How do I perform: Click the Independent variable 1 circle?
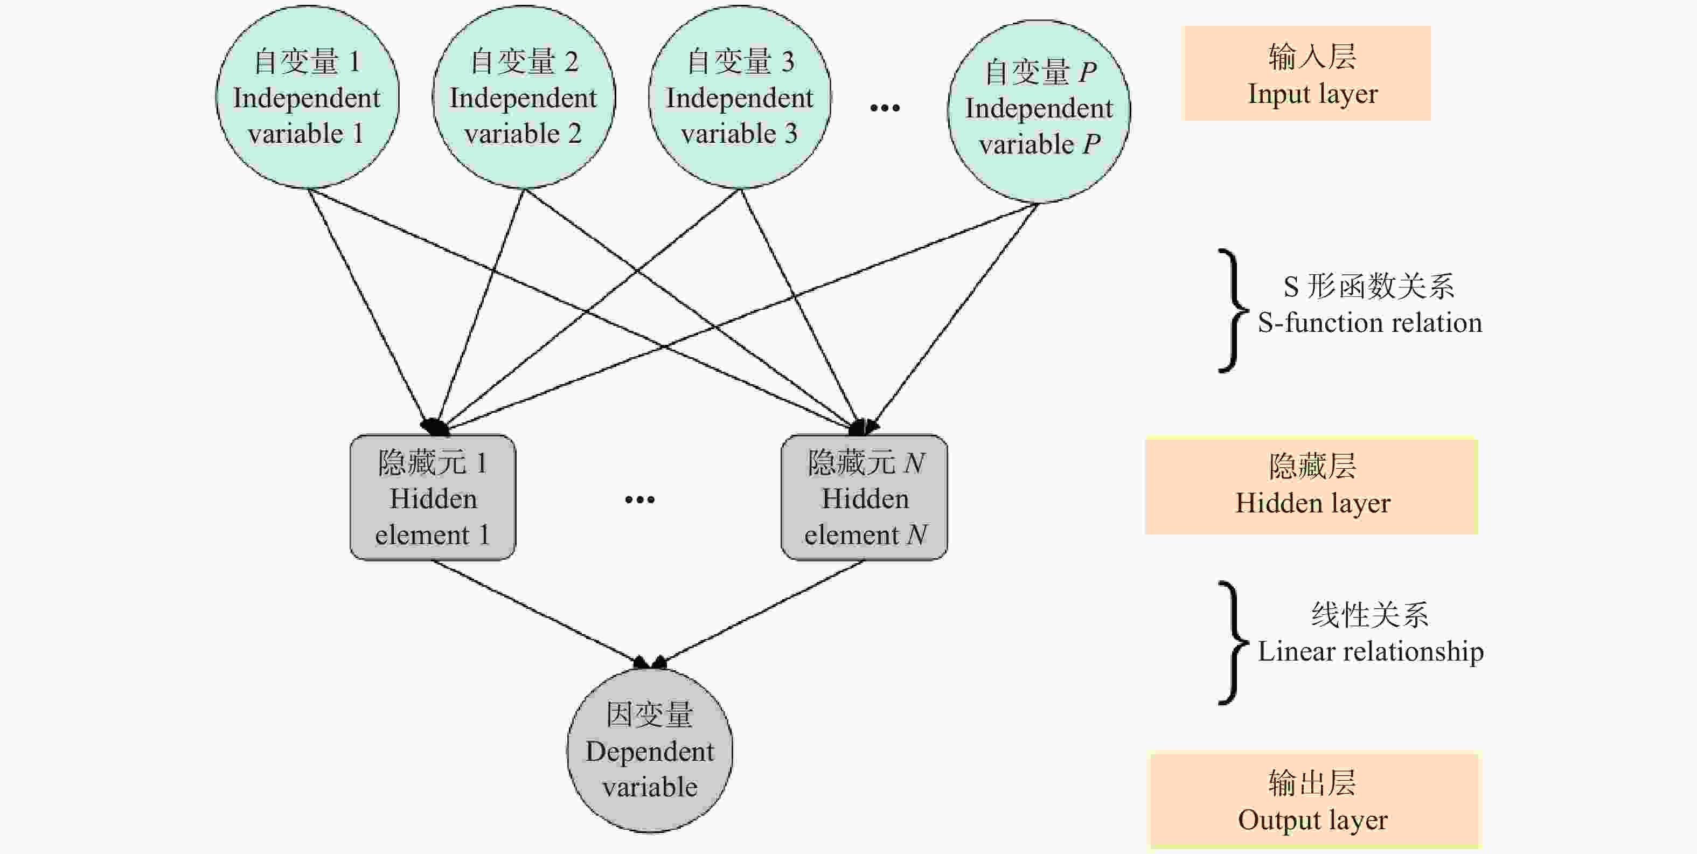point(307,98)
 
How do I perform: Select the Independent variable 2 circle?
point(524,98)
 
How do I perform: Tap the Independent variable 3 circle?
point(739,98)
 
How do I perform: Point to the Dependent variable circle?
point(650,751)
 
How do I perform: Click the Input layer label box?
point(1307,74)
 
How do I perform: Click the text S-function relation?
point(1369,323)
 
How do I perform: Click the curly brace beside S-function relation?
point(1230,310)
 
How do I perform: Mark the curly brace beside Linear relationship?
point(1230,642)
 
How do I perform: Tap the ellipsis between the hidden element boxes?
point(639,499)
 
